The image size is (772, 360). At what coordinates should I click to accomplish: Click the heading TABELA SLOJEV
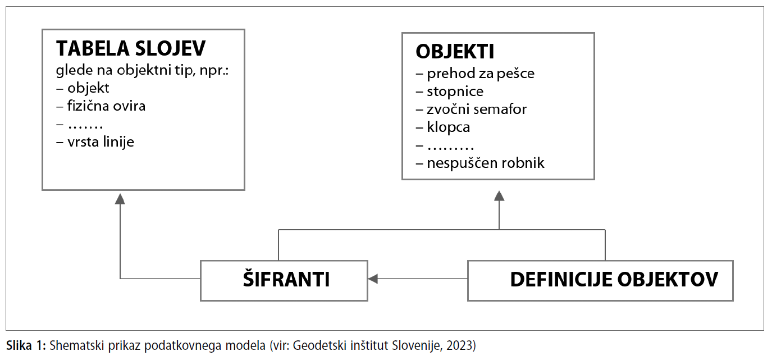(131, 48)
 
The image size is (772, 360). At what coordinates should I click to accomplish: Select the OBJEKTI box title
(455, 52)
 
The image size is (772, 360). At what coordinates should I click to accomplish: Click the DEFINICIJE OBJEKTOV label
(614, 279)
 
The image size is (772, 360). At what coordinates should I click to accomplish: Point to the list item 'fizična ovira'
(106, 106)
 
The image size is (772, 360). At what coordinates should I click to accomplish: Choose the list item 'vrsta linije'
(101, 142)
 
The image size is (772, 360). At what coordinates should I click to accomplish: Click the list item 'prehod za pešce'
(481, 74)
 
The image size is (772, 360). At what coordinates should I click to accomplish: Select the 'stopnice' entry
(455, 92)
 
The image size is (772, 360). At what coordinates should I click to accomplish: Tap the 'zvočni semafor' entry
(477, 110)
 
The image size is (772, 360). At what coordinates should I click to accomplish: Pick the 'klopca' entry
(449, 127)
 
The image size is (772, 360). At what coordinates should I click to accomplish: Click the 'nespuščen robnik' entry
(486, 163)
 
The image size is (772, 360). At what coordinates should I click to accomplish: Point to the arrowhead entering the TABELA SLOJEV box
(120, 199)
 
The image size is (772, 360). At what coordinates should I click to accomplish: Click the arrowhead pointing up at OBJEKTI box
(499, 196)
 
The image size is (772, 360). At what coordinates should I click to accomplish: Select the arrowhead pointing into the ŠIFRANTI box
(373, 279)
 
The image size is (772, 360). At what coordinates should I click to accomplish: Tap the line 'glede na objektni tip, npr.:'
(143, 70)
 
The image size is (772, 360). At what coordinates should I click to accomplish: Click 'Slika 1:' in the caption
(26, 345)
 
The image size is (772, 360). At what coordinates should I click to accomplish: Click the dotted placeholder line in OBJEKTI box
(450, 148)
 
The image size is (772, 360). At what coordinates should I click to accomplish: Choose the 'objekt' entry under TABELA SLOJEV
(88, 88)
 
